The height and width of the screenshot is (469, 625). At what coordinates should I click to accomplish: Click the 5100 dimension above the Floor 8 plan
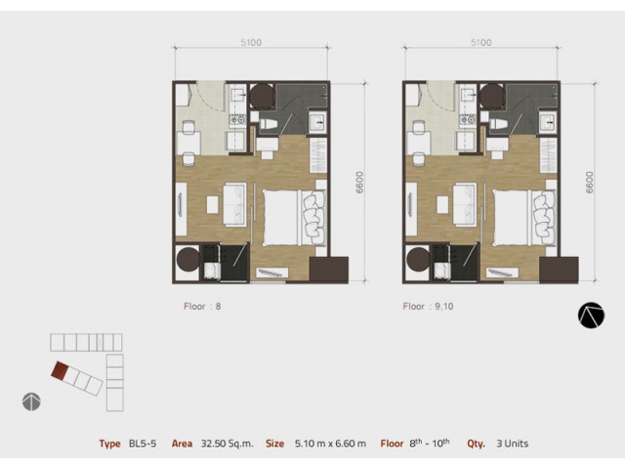pyautogui.click(x=251, y=42)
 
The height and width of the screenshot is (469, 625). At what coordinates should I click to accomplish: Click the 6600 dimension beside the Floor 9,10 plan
pyautogui.click(x=590, y=183)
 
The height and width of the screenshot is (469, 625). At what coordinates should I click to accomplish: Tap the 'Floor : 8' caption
pyautogui.click(x=202, y=306)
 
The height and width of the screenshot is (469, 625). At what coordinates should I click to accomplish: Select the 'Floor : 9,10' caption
pyautogui.click(x=428, y=306)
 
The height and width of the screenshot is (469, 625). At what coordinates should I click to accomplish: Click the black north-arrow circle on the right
pyautogui.click(x=591, y=316)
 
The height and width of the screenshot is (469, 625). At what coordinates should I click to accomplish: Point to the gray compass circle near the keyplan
pyautogui.click(x=31, y=402)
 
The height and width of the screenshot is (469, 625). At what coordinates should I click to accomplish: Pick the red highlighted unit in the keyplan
pyautogui.click(x=60, y=370)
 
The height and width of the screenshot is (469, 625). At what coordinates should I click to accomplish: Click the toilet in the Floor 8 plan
pyautogui.click(x=268, y=124)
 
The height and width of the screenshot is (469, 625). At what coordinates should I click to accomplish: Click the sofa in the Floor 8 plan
pyautogui.click(x=234, y=204)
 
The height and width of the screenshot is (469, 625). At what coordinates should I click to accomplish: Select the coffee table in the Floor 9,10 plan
pyautogui.click(x=442, y=204)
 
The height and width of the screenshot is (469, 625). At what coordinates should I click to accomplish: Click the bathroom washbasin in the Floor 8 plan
pyautogui.click(x=317, y=122)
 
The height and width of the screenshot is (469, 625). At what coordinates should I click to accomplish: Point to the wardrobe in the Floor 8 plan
pyautogui.click(x=318, y=155)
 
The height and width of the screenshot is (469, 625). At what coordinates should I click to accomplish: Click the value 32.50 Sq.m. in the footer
pyautogui.click(x=228, y=444)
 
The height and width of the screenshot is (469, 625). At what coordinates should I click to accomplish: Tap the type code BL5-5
pyautogui.click(x=143, y=444)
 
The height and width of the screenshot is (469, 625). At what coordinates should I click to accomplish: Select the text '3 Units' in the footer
pyautogui.click(x=512, y=444)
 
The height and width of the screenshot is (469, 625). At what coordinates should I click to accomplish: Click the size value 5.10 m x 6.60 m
pyautogui.click(x=330, y=444)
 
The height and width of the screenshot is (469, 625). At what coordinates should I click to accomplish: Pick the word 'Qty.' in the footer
pyautogui.click(x=476, y=444)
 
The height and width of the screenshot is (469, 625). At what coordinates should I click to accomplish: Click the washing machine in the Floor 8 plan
pyautogui.click(x=212, y=271)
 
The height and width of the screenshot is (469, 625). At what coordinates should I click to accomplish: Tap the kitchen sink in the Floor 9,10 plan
pyautogui.click(x=468, y=96)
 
